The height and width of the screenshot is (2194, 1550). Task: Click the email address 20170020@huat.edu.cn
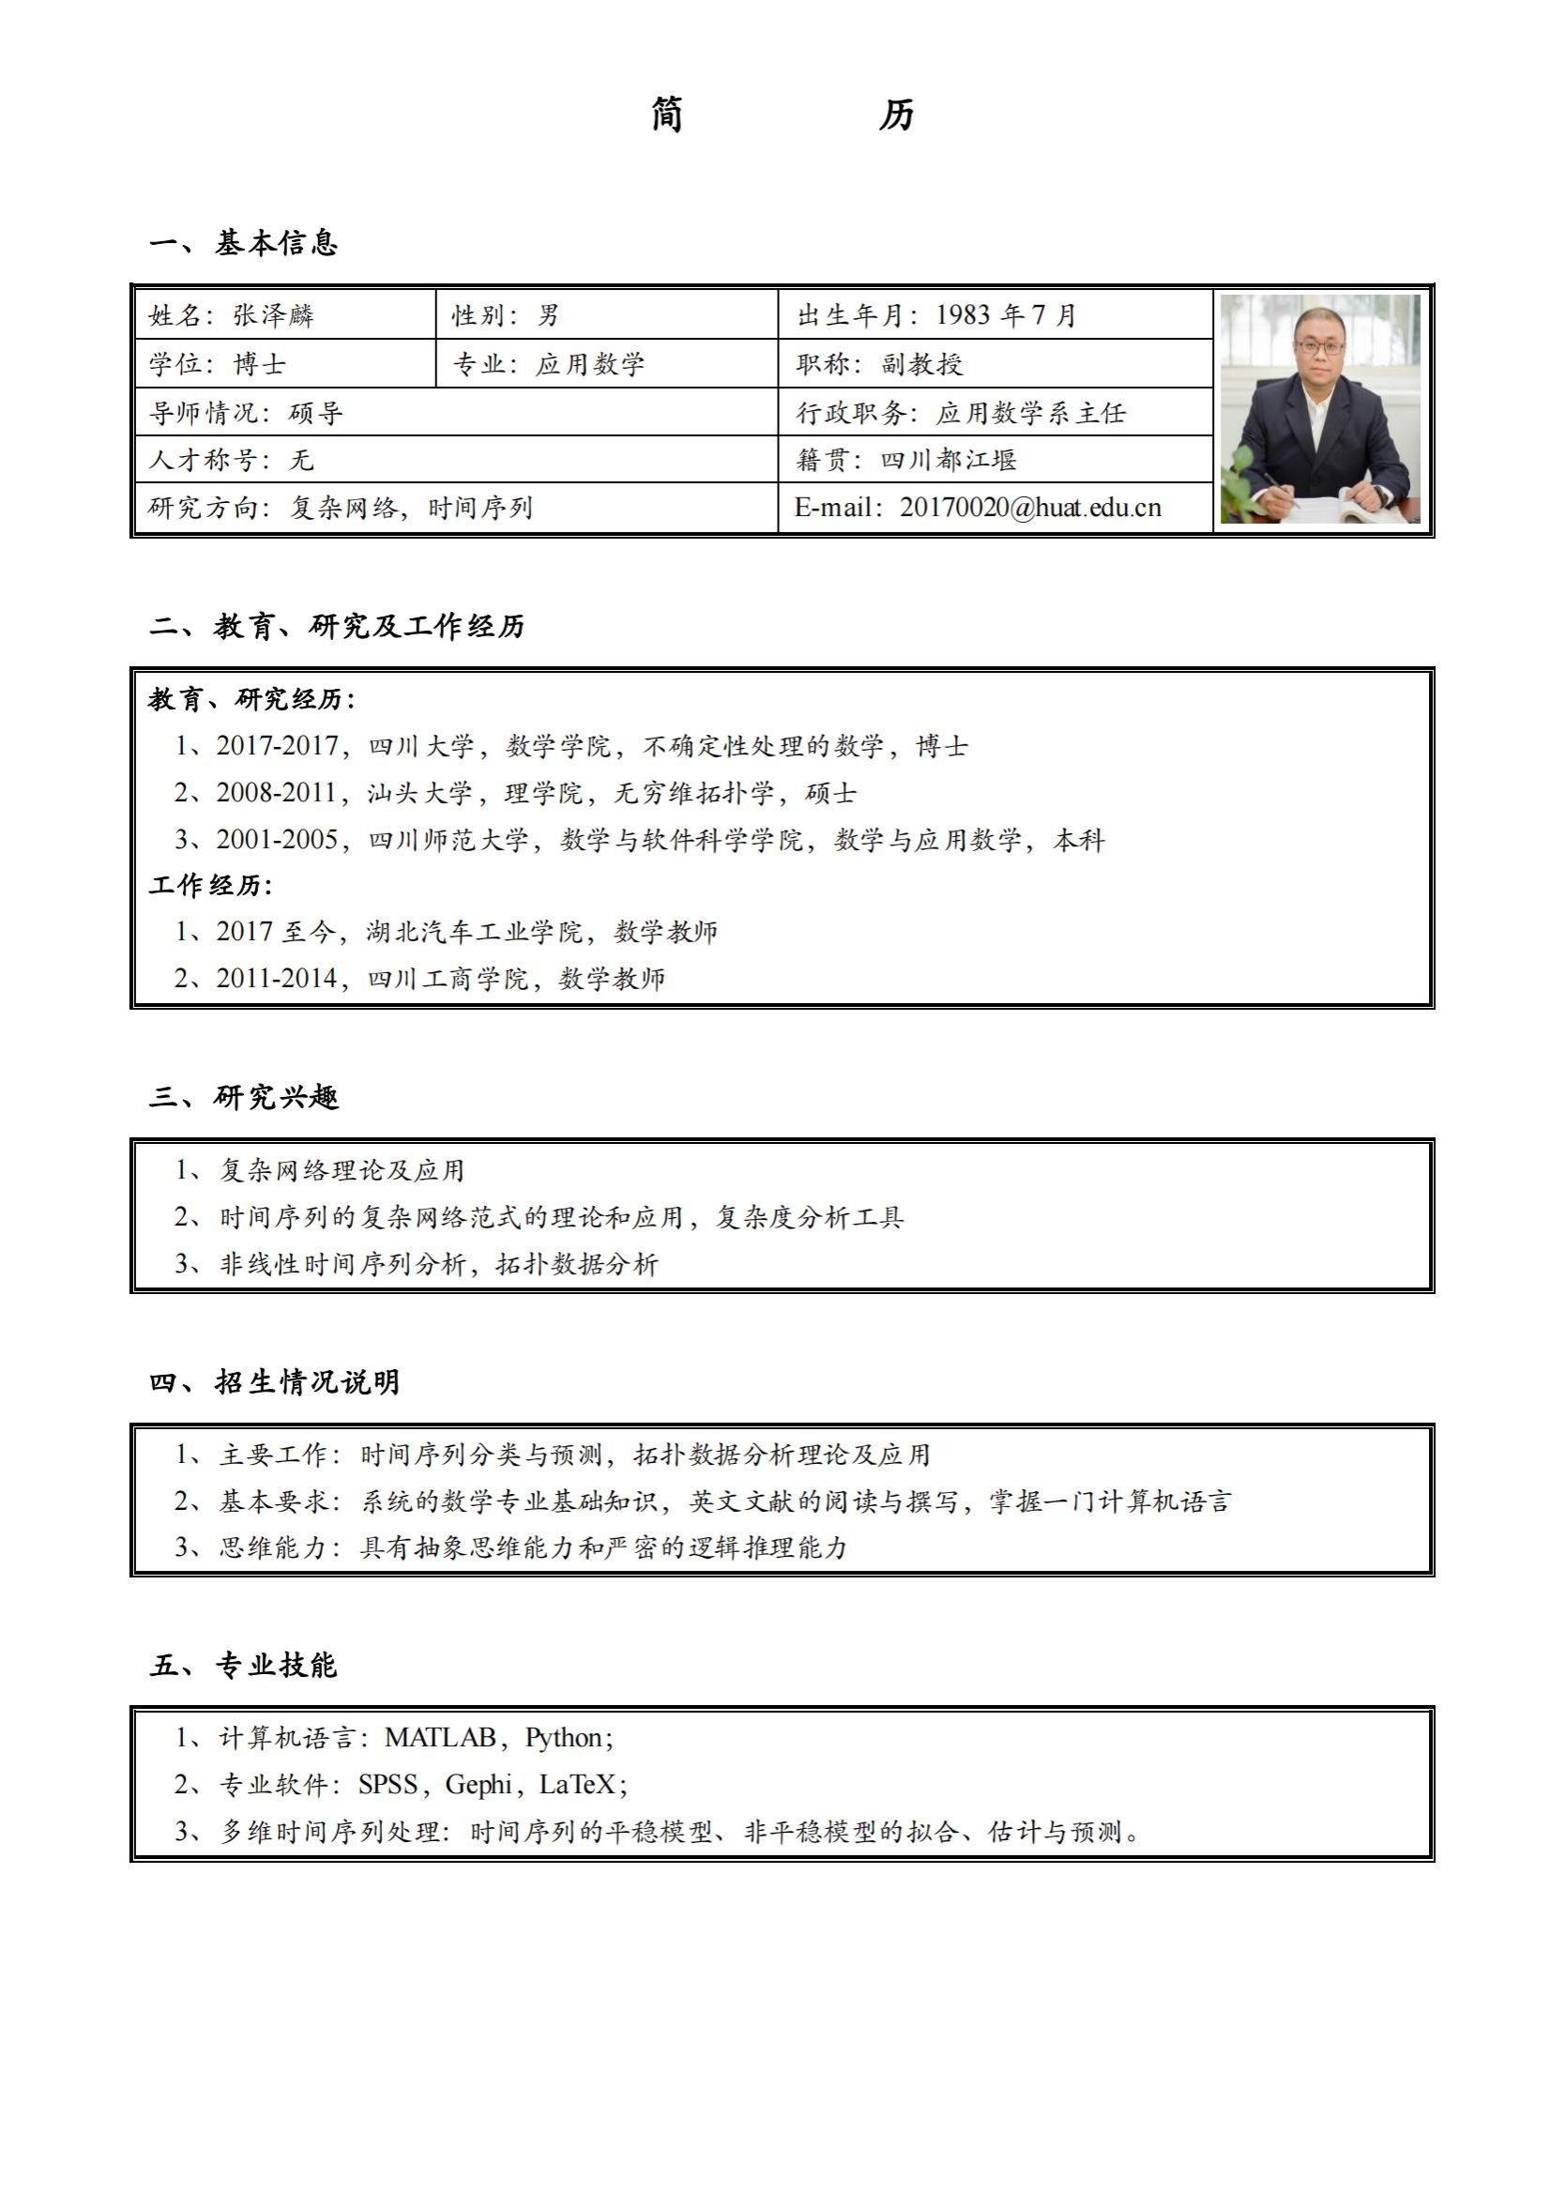tap(1030, 508)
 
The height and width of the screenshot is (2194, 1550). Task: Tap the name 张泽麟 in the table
tap(273, 315)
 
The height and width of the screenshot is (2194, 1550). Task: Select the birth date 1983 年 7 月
tap(1006, 315)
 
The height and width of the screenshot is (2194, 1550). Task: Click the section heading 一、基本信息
tap(244, 243)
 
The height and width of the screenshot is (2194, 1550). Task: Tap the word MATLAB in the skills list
tap(440, 1737)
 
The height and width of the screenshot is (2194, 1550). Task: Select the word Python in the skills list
tap(564, 1737)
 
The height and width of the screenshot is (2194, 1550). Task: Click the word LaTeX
tap(578, 1784)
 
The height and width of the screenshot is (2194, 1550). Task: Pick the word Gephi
tap(479, 1784)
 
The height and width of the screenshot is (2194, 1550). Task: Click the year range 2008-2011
tap(276, 792)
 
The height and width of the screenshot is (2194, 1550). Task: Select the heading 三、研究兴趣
tap(244, 1097)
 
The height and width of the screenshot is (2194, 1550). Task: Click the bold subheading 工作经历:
tap(210, 885)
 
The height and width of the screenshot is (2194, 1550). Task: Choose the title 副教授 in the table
tap(921, 364)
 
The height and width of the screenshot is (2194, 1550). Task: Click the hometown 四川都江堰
tap(948, 460)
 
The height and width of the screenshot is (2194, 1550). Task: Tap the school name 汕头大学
tap(419, 792)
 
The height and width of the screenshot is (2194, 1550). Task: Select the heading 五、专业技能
tap(244, 1666)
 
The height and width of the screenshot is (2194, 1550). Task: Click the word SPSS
tap(388, 1784)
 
